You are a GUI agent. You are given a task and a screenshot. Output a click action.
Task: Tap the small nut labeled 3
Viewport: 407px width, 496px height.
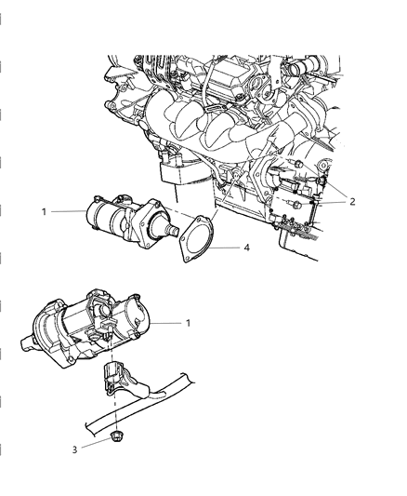118,434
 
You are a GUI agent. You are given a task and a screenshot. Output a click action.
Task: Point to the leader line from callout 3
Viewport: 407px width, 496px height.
98,441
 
